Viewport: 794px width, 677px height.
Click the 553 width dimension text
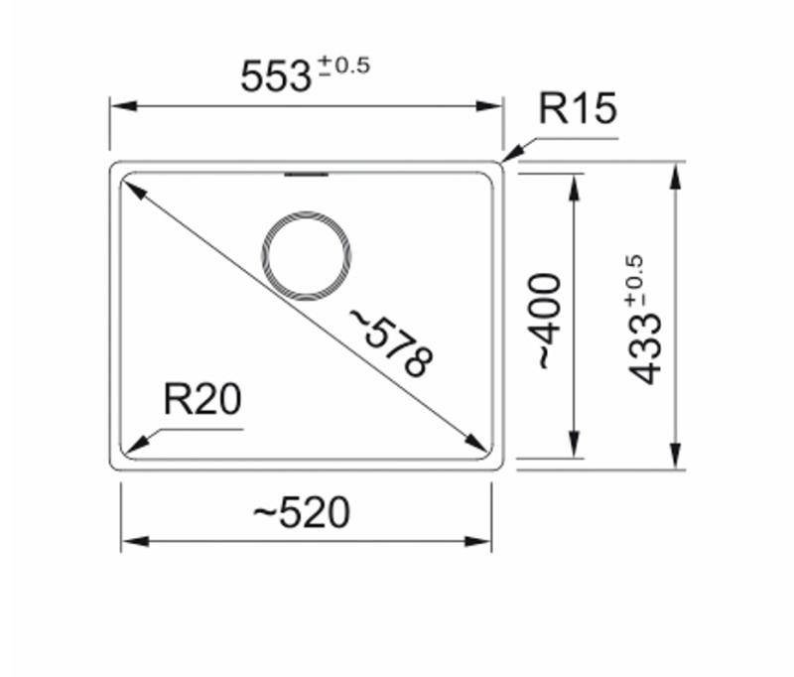277,76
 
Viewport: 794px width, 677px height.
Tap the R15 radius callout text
578,109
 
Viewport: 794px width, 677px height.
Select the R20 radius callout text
202,400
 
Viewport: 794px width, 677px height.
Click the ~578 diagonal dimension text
391,343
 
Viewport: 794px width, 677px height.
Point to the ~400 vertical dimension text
549,322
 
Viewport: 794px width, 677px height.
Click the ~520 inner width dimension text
302,512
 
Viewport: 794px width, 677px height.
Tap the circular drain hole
307,256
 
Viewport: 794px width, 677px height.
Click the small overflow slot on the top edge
306,176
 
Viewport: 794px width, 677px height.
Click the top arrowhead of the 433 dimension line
676,175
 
